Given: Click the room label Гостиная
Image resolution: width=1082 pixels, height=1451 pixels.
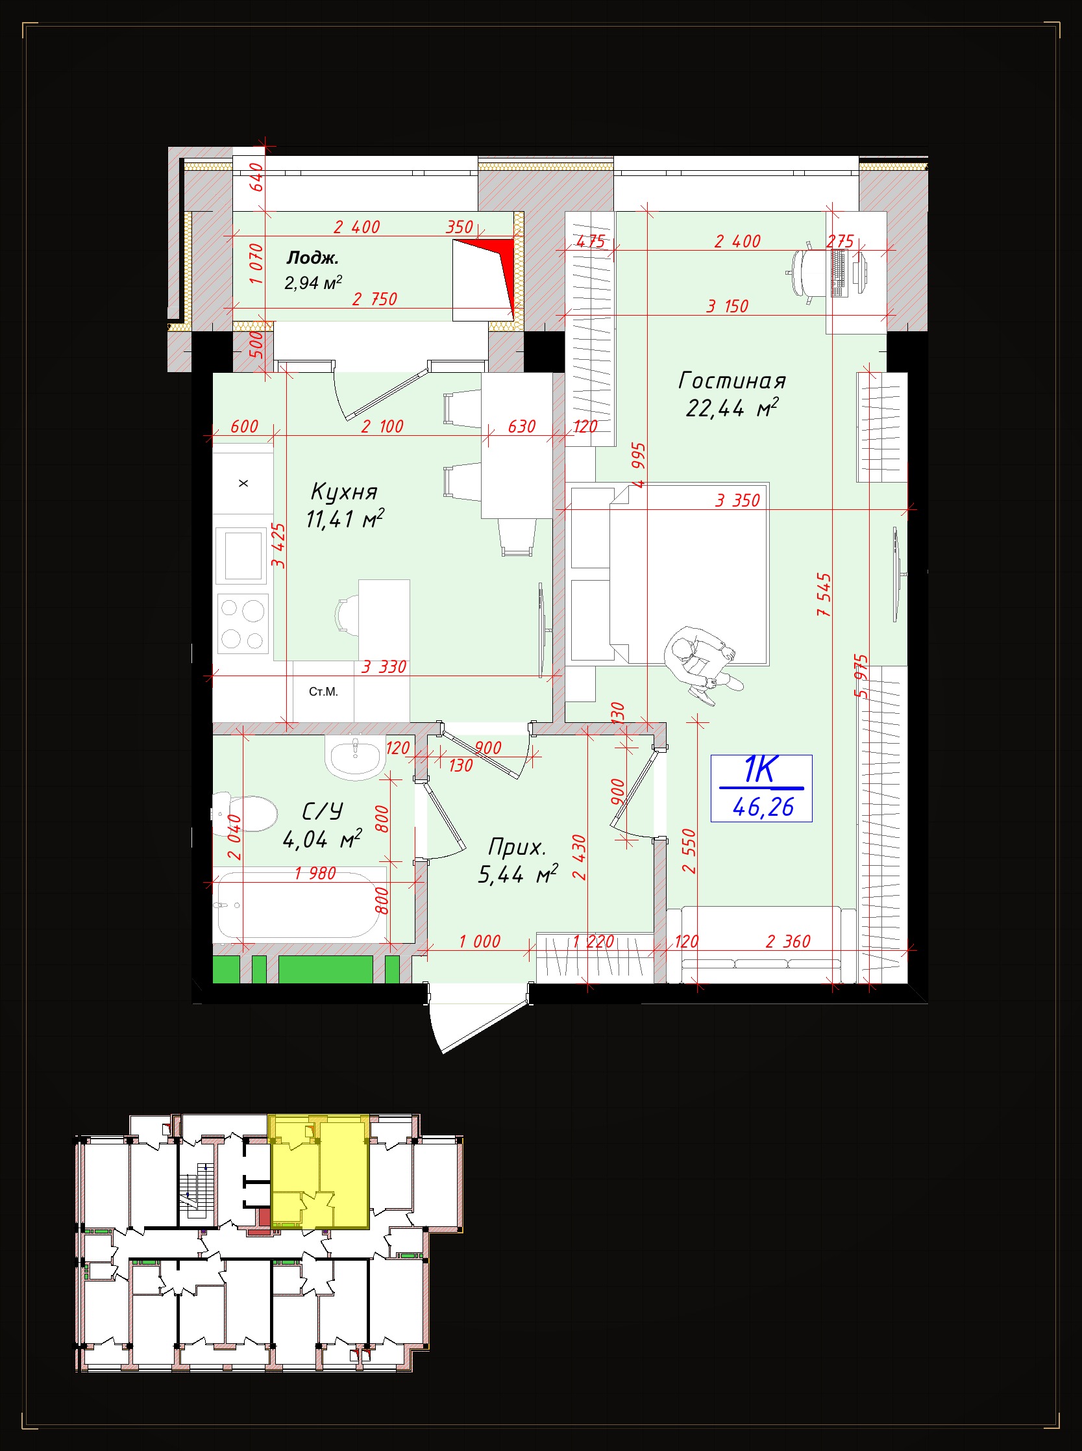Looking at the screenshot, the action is (732, 381).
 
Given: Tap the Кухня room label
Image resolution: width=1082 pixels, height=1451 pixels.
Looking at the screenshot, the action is (344, 492).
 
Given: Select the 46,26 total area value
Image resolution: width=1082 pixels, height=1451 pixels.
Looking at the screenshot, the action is (763, 807).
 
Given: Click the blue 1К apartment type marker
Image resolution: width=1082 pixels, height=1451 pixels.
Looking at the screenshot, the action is (760, 770).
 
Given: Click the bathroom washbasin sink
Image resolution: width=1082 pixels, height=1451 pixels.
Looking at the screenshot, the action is (353, 757).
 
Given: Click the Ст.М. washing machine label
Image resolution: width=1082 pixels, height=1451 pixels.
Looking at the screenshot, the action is (323, 692).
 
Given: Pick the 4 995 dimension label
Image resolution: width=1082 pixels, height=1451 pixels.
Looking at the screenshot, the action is (639, 465).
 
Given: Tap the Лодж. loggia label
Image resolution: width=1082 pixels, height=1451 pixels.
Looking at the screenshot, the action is (312, 258).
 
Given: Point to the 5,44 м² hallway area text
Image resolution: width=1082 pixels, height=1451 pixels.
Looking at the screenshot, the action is (517, 874).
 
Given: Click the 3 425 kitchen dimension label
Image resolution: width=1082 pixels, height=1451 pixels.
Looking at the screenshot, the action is (279, 546).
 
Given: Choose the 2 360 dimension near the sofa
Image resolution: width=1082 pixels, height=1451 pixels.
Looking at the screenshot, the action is (788, 942).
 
